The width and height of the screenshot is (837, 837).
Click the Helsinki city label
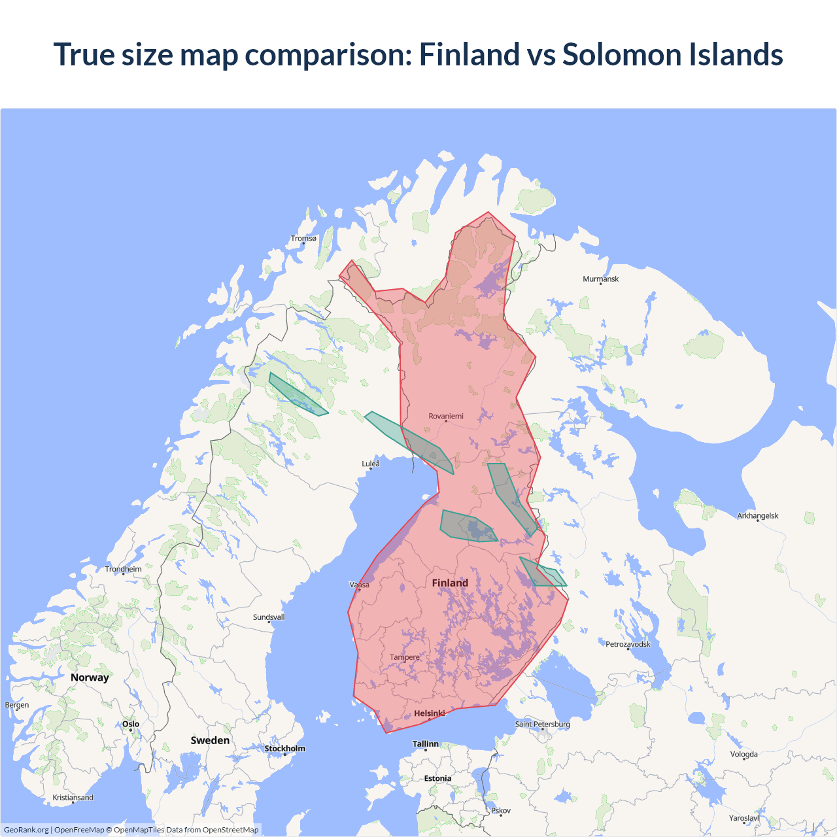[x=429, y=713]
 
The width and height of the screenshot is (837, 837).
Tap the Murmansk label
[x=600, y=279]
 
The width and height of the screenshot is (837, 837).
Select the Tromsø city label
[x=303, y=239]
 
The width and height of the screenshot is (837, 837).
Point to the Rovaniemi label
[x=446, y=417]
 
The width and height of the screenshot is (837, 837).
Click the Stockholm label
[x=284, y=749]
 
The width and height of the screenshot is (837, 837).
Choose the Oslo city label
[x=131, y=724]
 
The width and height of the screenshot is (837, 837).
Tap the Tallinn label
[x=426, y=744]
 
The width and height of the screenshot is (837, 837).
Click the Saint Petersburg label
[x=542, y=725]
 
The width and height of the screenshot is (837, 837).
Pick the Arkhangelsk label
[x=758, y=516]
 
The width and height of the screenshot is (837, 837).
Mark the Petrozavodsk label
[x=628, y=645]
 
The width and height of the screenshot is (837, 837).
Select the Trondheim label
[x=123, y=570]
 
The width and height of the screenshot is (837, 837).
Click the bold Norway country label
[x=90, y=677]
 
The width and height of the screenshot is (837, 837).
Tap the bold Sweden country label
[x=210, y=740]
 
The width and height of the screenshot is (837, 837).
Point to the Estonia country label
[x=437, y=779]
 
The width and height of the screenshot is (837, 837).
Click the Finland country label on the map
[x=450, y=583]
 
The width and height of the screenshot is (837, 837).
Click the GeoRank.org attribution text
[x=26, y=830]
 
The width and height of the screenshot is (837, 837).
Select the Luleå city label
[x=371, y=464]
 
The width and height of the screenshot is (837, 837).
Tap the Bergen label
[x=17, y=706]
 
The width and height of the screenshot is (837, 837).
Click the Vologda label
[x=743, y=755]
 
